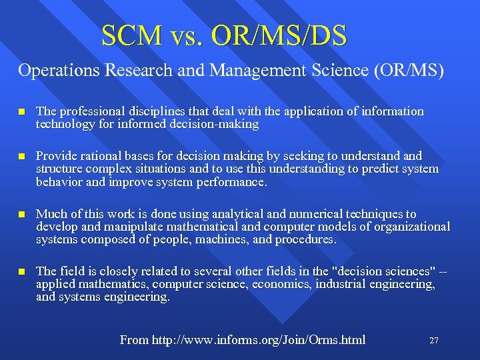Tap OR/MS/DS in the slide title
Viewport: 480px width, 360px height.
[279, 36]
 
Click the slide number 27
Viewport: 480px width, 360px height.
[433, 341]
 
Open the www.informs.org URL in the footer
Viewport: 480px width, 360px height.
[259, 340]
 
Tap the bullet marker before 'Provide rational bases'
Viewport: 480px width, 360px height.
[21, 157]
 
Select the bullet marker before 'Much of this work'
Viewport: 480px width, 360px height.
[21, 215]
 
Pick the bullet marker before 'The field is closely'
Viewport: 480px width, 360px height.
[21, 272]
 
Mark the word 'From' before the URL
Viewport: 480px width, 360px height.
[134, 340]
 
